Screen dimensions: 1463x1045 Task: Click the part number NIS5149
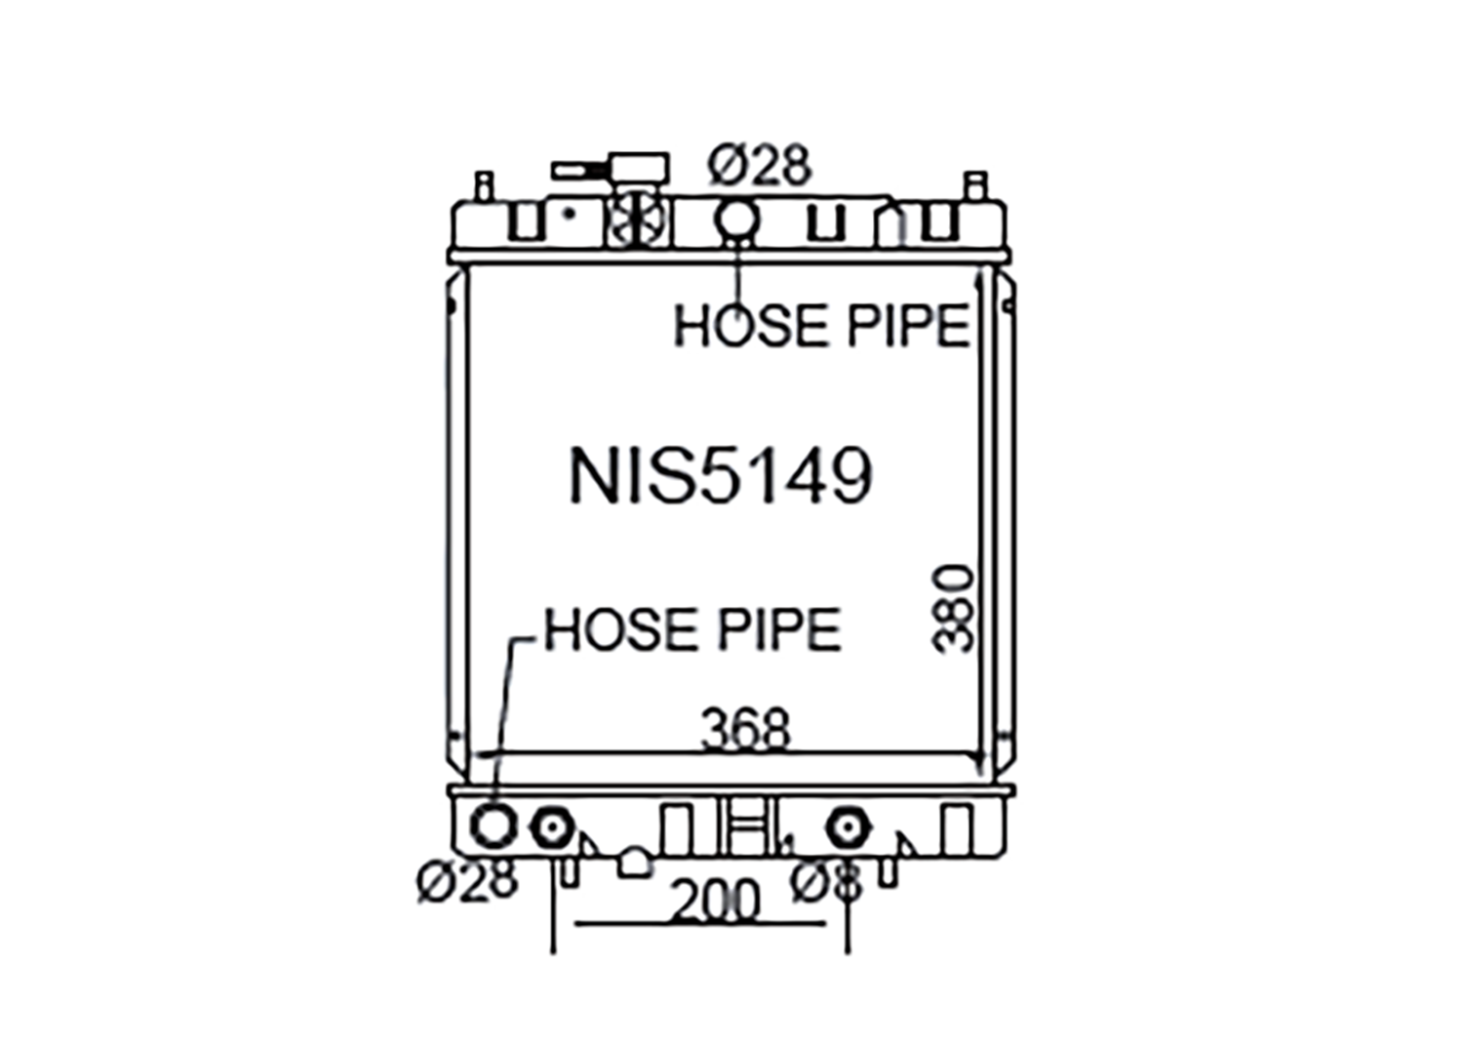[721, 476]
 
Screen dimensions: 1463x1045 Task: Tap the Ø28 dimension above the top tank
[760, 165]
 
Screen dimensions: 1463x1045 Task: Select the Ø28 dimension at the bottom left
[467, 880]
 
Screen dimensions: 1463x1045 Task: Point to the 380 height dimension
[952, 609]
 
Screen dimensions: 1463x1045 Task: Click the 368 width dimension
[745, 729]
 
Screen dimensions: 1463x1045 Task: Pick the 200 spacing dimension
[716, 901]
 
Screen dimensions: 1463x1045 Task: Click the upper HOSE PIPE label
[821, 325]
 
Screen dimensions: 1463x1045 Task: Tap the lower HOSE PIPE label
[692, 628]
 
